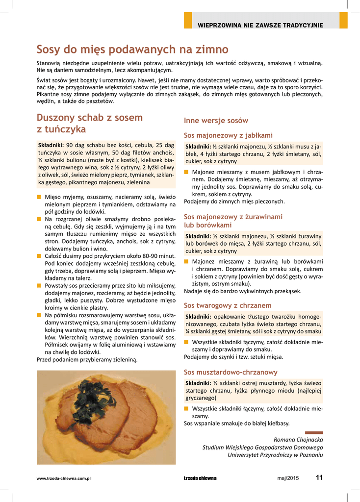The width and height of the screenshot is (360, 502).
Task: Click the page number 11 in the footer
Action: [319, 478]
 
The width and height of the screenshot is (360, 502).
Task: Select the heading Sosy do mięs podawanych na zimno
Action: [132, 50]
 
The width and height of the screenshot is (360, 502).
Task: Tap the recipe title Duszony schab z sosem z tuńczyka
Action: [90, 123]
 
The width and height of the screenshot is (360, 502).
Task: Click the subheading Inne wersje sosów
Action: [216, 121]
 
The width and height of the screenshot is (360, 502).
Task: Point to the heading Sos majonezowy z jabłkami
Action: [228, 135]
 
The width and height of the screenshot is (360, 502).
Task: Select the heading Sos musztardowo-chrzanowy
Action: [231, 372]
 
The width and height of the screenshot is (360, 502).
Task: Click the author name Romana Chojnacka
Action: [298, 439]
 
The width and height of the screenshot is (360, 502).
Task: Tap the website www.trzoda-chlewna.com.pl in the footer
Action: [64, 478]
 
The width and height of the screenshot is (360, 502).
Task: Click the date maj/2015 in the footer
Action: [287, 478]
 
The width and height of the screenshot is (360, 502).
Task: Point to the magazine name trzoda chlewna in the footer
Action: [200, 478]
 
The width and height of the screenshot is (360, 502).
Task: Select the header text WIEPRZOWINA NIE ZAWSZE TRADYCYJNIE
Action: [260, 25]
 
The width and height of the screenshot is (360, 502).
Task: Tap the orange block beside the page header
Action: [188, 21]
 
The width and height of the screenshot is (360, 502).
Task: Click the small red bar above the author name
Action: [314, 432]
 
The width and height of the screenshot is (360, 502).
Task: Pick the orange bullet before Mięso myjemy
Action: [39, 197]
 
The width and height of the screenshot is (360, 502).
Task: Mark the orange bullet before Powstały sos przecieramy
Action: [39, 285]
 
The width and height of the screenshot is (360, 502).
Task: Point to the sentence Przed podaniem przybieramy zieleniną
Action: [87, 359]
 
